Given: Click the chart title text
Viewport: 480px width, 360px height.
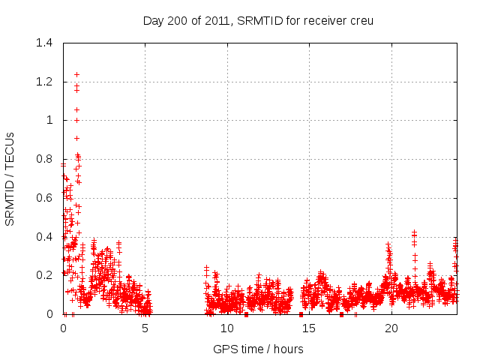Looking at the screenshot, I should (258, 20).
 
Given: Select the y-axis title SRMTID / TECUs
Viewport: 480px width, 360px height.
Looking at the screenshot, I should (10, 178).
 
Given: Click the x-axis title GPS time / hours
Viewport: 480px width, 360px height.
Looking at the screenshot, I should (258, 349).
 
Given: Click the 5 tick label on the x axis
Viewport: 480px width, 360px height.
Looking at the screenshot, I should (145, 328).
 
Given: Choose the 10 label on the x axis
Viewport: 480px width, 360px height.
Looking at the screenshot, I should (227, 328).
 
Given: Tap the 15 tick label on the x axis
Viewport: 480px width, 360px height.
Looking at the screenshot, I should (309, 328).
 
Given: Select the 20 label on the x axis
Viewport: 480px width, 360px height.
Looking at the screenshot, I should (391, 328).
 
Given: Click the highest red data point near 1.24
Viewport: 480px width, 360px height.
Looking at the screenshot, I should (76, 74).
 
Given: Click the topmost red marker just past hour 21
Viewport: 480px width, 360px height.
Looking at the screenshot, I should (414, 232).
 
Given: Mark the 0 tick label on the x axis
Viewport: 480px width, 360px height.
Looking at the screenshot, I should (64, 328).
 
